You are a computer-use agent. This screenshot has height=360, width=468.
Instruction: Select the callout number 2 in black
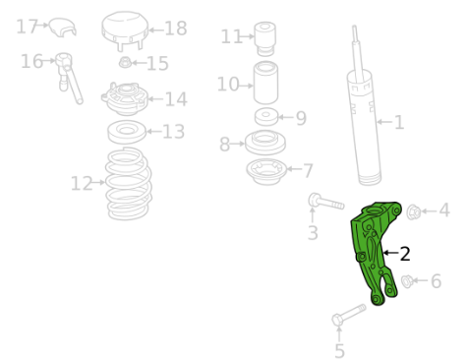405,254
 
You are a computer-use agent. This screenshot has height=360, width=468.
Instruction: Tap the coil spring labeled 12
129,184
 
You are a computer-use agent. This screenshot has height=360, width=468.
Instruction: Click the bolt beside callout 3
325,202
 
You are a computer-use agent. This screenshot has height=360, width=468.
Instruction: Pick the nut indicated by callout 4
413,211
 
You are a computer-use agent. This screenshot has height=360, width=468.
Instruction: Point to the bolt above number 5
348,315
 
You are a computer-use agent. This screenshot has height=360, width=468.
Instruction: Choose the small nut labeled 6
407,281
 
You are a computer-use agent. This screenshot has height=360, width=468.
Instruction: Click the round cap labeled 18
125,30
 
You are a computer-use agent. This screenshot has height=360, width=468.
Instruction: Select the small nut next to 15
125,62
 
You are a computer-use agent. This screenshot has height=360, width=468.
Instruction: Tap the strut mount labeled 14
125,98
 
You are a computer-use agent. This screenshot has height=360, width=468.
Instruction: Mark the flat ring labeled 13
127,132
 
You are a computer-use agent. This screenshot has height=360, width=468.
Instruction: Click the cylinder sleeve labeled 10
265,83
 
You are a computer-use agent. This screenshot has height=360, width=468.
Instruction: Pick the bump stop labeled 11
265,38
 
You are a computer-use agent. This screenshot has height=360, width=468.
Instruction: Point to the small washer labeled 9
266,117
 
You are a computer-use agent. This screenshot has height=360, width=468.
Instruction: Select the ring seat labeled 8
265,143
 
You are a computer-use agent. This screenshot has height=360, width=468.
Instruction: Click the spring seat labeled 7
266,171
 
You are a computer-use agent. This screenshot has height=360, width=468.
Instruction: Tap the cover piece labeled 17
63,27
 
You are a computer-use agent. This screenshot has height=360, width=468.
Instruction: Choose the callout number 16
31,61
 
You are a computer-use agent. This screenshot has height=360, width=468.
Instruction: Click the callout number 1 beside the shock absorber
399,122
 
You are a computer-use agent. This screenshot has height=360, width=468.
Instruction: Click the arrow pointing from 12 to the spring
99,182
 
